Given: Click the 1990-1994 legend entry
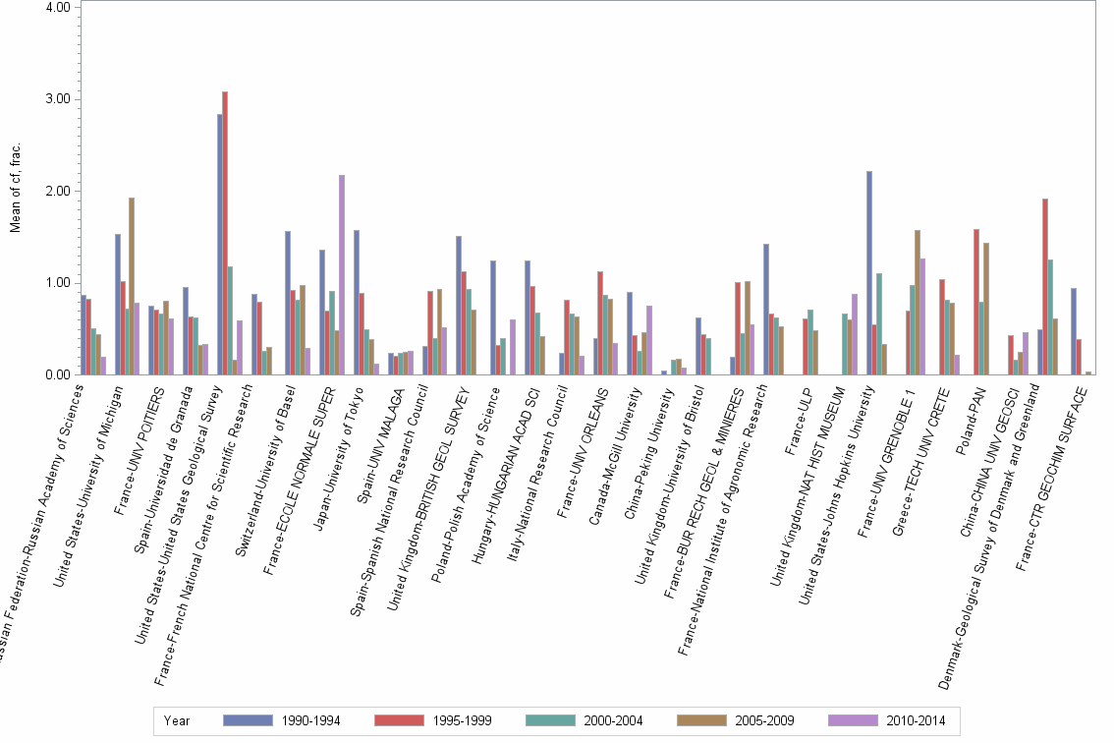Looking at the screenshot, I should click(281, 720).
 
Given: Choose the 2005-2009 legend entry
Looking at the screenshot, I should click(735, 720).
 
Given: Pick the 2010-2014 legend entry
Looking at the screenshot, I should click(886, 720).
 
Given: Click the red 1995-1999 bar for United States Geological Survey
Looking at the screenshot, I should click(225, 233).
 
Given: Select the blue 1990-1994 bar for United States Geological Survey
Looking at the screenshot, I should click(220, 245).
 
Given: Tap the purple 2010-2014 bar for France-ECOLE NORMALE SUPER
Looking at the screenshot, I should click(342, 275).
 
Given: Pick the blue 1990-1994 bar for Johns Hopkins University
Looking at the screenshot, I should click(869, 273).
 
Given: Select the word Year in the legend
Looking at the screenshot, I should click(178, 720).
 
